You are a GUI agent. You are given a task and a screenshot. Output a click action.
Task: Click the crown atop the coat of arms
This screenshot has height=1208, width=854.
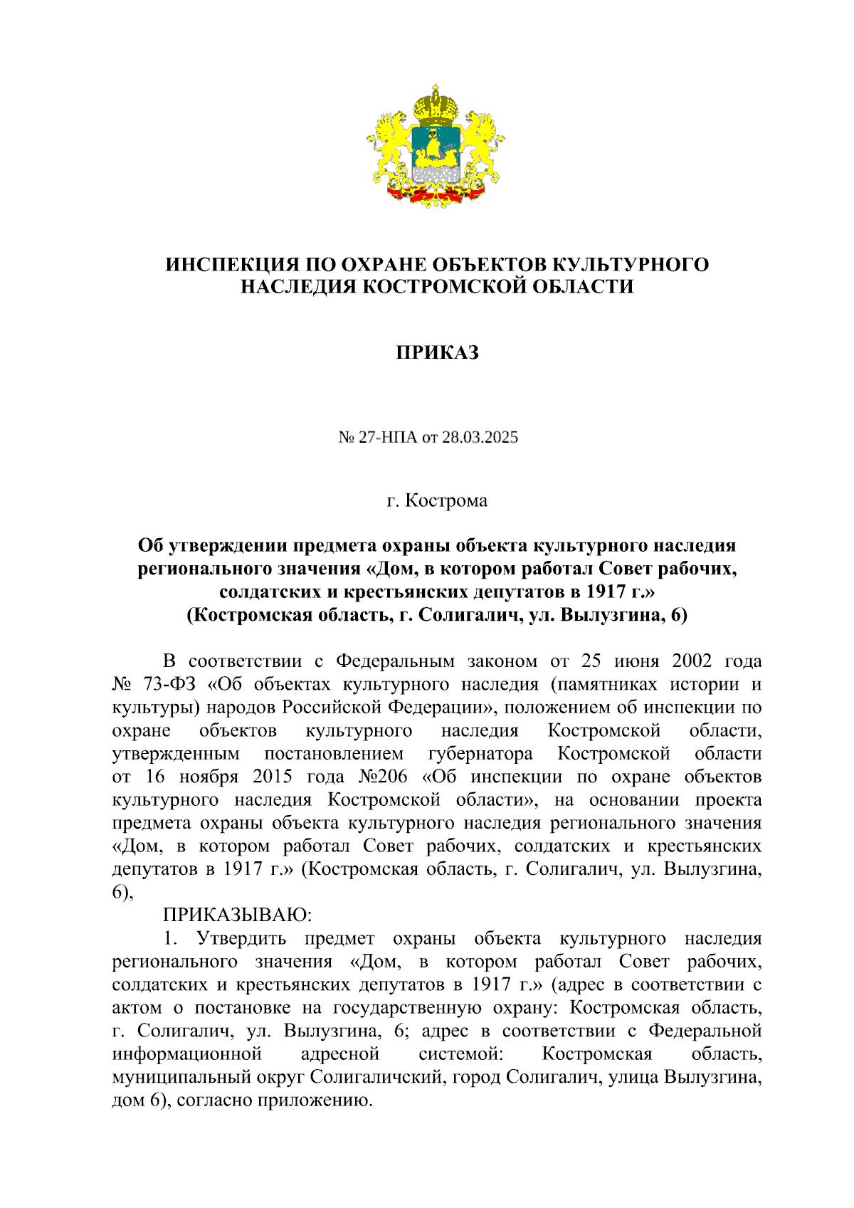coord(436,104)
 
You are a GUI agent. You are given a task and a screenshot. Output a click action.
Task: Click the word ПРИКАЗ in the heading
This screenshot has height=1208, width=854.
coord(437,353)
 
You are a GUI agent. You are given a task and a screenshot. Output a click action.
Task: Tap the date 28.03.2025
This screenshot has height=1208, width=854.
coord(480,437)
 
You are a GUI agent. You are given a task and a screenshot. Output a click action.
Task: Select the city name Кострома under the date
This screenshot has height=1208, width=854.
coord(446,501)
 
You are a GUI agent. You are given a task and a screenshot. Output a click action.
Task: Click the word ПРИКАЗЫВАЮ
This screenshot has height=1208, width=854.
coord(237,915)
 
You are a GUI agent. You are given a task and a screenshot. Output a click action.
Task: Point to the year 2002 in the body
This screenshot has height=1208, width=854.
coord(691,661)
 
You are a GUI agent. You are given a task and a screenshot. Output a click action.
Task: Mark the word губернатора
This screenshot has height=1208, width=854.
coord(480,754)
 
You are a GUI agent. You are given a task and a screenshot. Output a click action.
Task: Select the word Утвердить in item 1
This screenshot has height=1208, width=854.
coord(242,938)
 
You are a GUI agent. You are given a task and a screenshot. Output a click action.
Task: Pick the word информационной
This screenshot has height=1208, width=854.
coord(186,1054)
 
